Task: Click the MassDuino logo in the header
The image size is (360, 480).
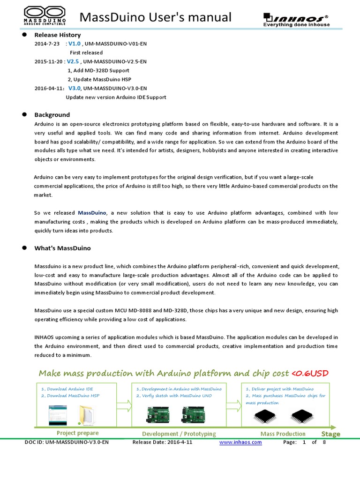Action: click(45, 15)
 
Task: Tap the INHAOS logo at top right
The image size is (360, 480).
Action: click(296, 19)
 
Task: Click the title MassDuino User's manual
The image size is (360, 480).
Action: click(156, 17)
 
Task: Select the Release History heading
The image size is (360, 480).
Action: click(57, 35)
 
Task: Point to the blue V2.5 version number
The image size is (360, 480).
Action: click(73, 61)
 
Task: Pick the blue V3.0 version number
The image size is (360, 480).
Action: click(75, 88)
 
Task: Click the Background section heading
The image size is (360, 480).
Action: click(52, 115)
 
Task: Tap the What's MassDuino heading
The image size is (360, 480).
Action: click(62, 248)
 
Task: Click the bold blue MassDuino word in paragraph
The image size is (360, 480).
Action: click(92, 213)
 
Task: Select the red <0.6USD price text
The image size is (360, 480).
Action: click(310, 373)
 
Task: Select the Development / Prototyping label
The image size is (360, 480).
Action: click(179, 434)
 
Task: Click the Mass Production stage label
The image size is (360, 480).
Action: click(283, 434)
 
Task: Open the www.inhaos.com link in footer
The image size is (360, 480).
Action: click(240, 442)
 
